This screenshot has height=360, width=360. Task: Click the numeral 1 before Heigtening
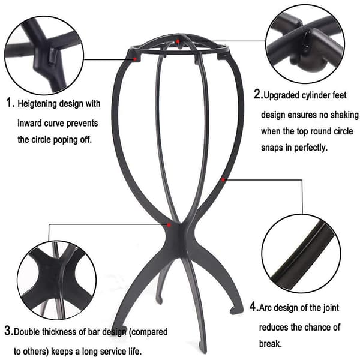pyautogui.click(x=9, y=103)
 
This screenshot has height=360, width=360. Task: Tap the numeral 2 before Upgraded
pyautogui.click(x=257, y=94)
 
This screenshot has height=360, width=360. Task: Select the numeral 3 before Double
pyautogui.click(x=8, y=331)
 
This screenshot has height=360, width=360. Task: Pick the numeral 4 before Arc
pyautogui.click(x=253, y=307)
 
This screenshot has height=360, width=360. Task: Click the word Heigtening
pyautogui.click(x=37, y=104)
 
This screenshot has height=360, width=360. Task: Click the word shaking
pyautogui.click(x=344, y=115)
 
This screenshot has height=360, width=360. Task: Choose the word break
pyautogui.click(x=270, y=344)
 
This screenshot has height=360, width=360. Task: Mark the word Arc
pyautogui.click(x=265, y=308)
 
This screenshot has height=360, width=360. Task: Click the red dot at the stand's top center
pyautogui.click(x=178, y=41)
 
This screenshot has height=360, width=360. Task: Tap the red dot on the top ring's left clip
pyautogui.click(x=135, y=59)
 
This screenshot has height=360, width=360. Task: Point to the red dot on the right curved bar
pyautogui.click(x=223, y=180)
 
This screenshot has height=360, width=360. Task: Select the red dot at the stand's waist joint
pyautogui.click(x=169, y=225)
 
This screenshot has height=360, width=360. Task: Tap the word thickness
pyautogui.click(x=59, y=332)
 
